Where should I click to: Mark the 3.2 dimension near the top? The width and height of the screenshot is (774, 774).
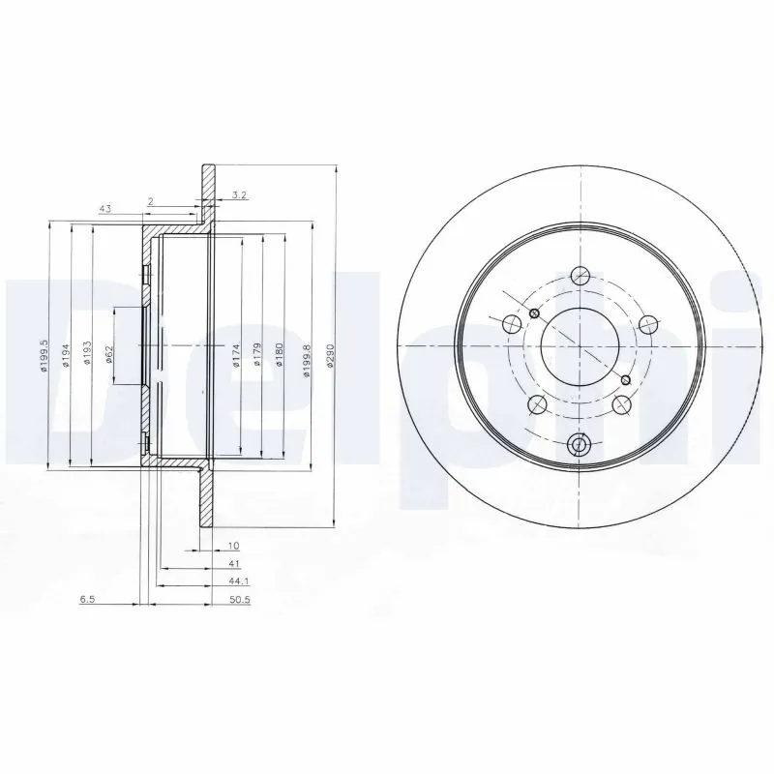coord(238,195)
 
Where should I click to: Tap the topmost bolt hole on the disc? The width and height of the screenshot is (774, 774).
coord(580,275)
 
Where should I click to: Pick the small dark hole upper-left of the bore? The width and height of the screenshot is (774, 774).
coord(533,313)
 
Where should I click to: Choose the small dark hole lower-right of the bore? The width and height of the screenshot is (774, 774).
coord(626,378)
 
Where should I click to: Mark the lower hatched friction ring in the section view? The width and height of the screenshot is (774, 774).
coord(206,498)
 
